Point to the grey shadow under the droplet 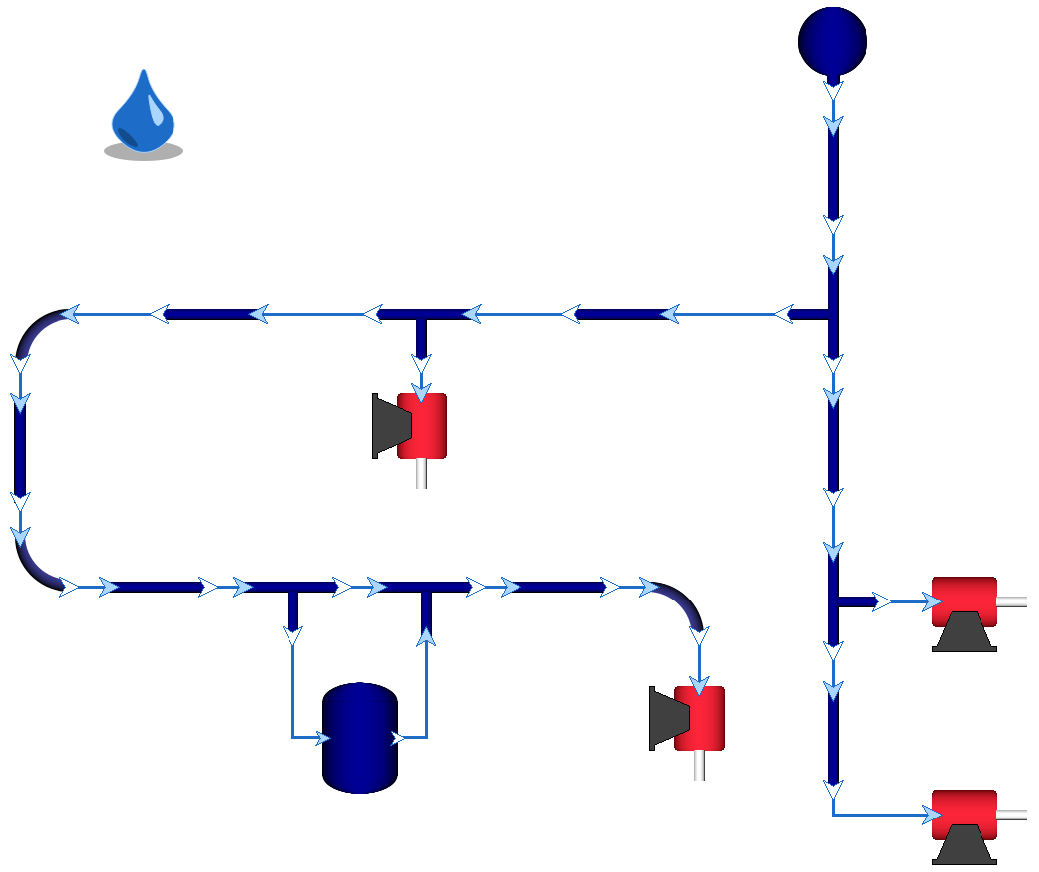(144, 152)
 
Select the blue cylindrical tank (360, 737)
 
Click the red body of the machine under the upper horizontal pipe (423, 425)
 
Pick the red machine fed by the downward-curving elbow (700, 717)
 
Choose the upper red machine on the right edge (964, 601)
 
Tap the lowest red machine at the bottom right (964, 814)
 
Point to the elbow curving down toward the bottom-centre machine (682, 602)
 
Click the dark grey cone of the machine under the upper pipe (389, 425)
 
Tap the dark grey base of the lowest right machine (964, 844)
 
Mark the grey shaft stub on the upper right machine (1012, 601)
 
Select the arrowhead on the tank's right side (398, 737)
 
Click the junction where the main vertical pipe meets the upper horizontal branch (832, 315)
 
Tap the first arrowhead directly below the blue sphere (833, 91)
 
